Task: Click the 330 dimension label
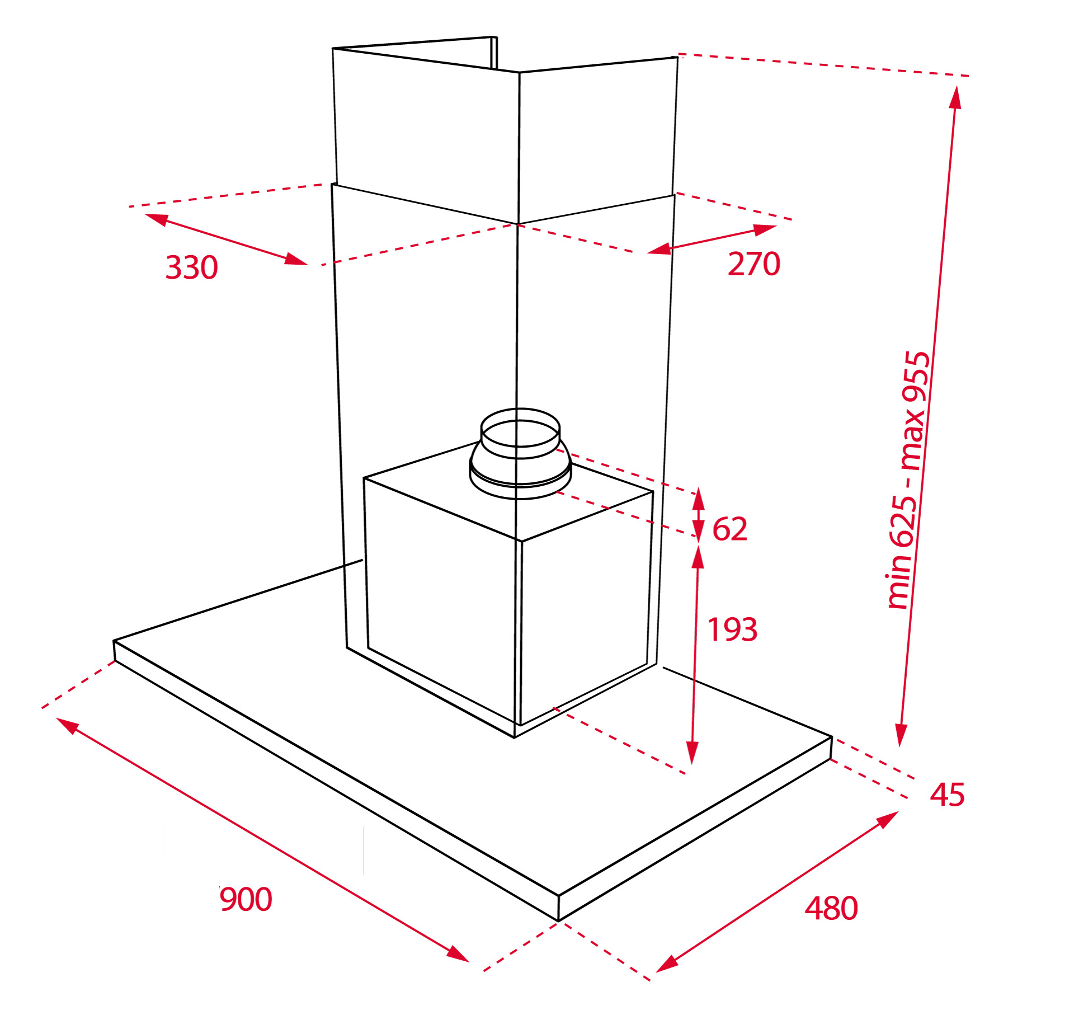[191, 267]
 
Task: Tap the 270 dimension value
[753, 264]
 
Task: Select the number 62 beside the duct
[729, 529]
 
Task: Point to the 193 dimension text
[732, 629]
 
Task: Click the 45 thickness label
[947, 795]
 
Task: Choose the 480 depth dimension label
[831, 908]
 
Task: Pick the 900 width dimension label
[246, 900]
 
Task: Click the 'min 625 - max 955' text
[909, 480]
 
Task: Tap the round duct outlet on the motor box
[520, 453]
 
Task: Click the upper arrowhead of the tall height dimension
[956, 97]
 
